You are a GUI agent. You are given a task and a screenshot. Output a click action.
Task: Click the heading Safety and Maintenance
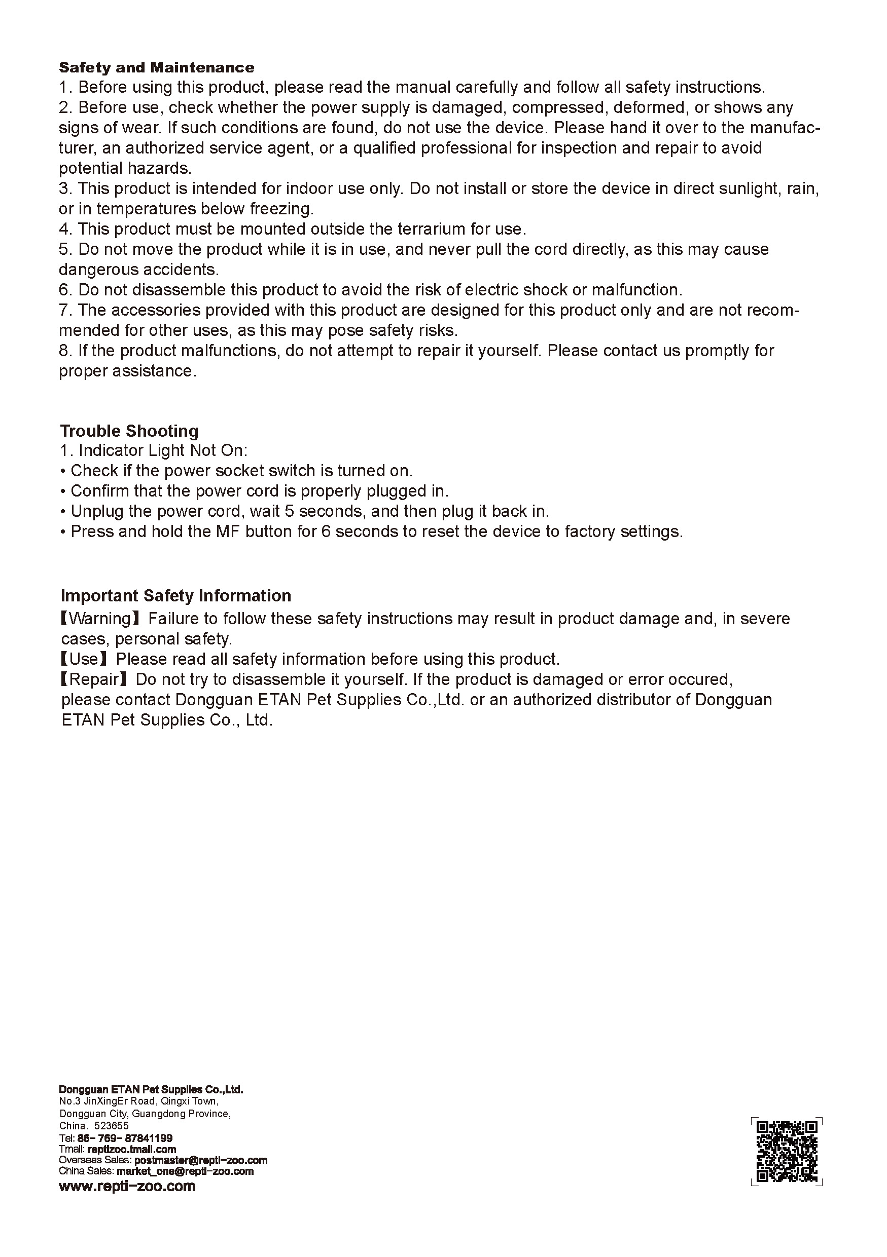point(156,67)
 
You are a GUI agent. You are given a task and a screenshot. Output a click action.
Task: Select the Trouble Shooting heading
point(129,430)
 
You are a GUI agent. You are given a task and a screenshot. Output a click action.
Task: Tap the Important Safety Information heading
point(176,595)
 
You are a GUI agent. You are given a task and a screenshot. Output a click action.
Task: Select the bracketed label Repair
point(95,679)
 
